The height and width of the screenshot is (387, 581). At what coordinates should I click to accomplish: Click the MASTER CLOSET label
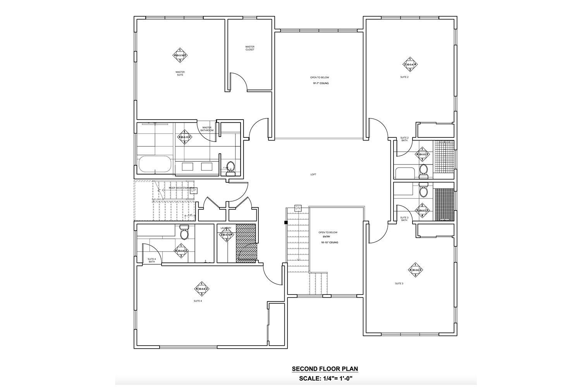[x=250, y=48]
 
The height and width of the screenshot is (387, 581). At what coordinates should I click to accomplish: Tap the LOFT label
[x=313, y=175]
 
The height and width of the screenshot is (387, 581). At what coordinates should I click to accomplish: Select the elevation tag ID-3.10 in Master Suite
[x=180, y=55]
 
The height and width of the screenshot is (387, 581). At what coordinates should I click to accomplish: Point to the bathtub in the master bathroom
[x=154, y=164]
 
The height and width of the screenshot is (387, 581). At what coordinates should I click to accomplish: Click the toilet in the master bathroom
[x=231, y=167]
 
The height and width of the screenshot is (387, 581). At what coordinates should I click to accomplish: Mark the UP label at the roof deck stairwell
[x=194, y=190]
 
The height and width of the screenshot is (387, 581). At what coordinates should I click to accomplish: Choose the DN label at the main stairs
[x=298, y=208]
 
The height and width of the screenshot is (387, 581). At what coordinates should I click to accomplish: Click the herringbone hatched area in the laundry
[x=246, y=243]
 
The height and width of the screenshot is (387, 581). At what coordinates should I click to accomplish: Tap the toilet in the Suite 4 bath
[x=184, y=233]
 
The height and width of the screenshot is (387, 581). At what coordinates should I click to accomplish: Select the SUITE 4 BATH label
[x=152, y=260]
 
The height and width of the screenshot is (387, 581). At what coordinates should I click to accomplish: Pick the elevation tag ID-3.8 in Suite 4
[x=202, y=289]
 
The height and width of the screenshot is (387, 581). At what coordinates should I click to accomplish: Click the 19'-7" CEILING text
[x=321, y=83]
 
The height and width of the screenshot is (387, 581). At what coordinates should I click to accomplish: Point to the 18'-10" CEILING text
[x=330, y=243]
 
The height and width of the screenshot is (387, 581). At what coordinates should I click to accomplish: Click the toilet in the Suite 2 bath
[x=423, y=170]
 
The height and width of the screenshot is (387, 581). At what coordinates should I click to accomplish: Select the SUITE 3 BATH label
[x=404, y=219]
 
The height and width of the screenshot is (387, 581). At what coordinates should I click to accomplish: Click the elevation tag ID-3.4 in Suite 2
[x=410, y=64]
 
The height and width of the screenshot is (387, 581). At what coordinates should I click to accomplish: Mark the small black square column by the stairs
[x=285, y=223]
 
